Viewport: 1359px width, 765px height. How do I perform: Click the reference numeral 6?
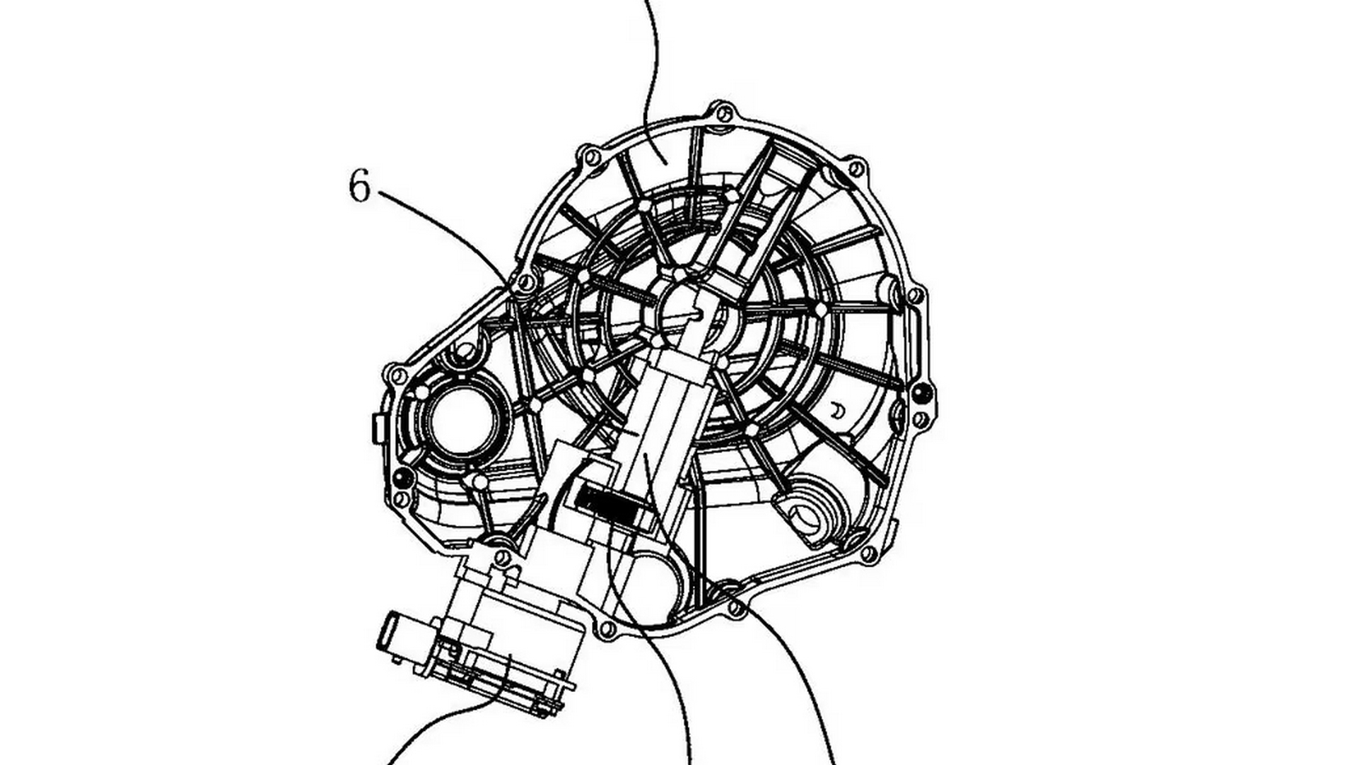click(x=360, y=186)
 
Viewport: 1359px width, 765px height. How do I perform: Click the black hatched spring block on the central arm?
click(x=607, y=507)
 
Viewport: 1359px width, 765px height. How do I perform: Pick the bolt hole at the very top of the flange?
click(x=723, y=112)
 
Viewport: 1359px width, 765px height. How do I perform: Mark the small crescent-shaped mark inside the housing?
click(x=837, y=411)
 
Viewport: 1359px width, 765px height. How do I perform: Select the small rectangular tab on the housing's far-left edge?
click(x=375, y=428)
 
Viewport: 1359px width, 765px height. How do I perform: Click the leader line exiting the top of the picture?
click(x=651, y=68)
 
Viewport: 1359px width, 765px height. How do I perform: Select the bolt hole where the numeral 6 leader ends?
click(x=527, y=281)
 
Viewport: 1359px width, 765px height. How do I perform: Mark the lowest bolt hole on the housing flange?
click(x=606, y=630)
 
